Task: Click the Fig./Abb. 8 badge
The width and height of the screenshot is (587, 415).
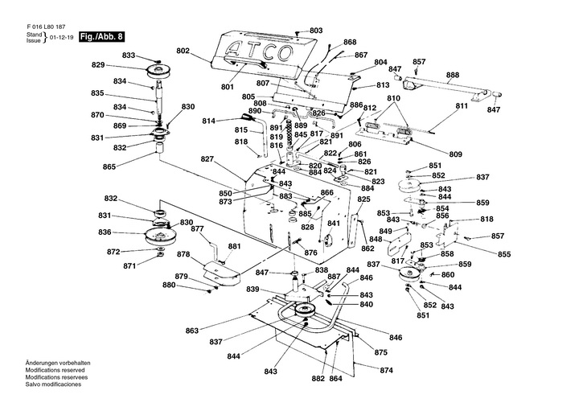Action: click(x=104, y=37)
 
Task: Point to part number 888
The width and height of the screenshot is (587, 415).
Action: click(x=453, y=75)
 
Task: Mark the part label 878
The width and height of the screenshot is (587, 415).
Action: click(x=183, y=254)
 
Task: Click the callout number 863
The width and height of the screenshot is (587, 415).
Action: click(x=192, y=331)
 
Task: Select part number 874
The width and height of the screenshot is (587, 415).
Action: click(x=387, y=371)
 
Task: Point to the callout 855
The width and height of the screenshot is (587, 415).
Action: click(x=503, y=255)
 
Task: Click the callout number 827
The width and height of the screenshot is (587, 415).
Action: click(x=207, y=159)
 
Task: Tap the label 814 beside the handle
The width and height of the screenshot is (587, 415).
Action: click(x=208, y=121)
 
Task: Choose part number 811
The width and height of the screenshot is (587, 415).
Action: click(x=461, y=107)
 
